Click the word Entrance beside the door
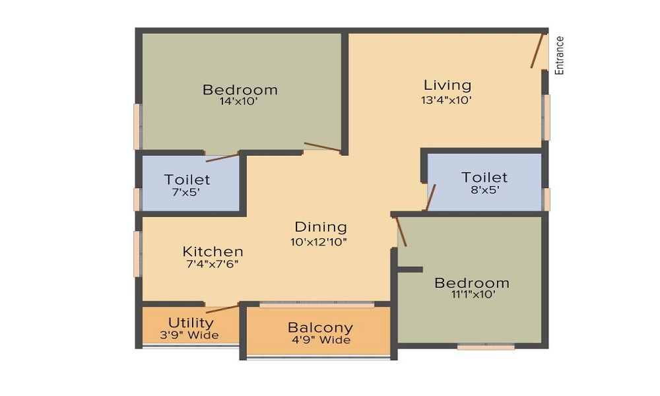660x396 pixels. [560, 55]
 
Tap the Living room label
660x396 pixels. [447, 85]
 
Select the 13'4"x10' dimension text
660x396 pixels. [447, 101]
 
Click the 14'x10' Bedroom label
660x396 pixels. [240, 90]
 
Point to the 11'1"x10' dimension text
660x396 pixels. [471, 295]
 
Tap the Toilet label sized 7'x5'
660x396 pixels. [187, 180]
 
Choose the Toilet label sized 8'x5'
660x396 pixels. [484, 178]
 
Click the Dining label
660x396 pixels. [321, 227]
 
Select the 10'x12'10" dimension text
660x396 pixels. [319, 242]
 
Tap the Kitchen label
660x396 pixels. [213, 251]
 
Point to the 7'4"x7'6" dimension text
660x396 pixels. [211, 264]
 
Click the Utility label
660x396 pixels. [191, 323]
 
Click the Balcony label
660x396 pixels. [320, 327]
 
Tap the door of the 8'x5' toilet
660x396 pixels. [431, 197]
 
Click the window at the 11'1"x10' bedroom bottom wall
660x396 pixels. [486, 346]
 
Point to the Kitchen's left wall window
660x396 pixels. [137, 253]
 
